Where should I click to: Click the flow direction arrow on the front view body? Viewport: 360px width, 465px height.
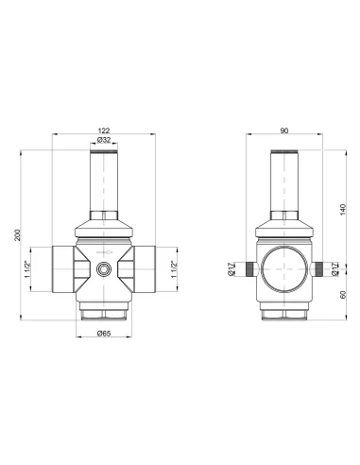[106, 253]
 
